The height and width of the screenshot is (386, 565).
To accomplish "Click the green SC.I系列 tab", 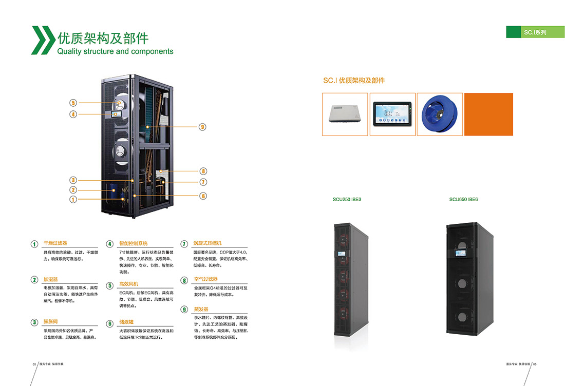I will pos(535,32).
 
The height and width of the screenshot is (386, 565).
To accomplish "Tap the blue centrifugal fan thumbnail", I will pos(440,114).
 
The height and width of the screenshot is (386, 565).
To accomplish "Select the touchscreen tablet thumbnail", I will pos(392,114).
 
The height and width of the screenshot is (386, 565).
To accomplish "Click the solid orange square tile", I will pos(488,114).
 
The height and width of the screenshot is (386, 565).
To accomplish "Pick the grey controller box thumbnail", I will pos(345,114).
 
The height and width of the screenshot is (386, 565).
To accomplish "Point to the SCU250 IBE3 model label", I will pos(347,199).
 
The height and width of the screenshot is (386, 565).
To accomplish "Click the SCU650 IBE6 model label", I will pos(463,199).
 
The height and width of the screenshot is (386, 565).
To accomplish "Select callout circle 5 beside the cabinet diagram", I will pos(73,103).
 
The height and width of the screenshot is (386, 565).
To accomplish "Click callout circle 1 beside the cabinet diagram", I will pos(73,199).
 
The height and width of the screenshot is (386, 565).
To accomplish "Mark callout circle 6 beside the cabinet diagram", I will pos(203,196).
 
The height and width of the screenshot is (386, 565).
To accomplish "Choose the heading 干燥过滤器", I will pos(55,243).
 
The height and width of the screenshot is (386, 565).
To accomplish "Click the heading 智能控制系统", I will pos(133,243).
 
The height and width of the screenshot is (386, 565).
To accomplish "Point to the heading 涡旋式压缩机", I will pos(208,243).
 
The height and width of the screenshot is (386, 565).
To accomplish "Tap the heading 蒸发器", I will pos(201,310).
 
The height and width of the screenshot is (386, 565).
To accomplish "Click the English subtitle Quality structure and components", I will pos(115,51).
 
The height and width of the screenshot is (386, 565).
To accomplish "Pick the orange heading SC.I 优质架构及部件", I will pos(354,81).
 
